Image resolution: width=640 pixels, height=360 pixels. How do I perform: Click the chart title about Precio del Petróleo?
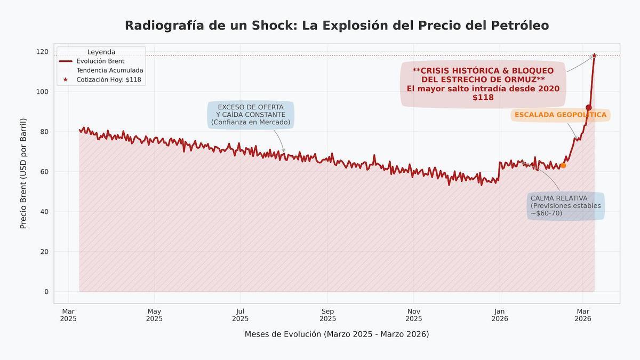click(x=337, y=25)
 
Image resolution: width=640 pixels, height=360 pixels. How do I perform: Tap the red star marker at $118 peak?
click(x=594, y=55)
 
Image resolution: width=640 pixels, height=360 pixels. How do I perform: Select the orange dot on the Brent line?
click(x=563, y=166)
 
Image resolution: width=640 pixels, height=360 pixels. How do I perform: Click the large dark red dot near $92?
click(x=588, y=108)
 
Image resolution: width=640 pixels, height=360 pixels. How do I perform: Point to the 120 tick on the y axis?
click(x=43, y=52)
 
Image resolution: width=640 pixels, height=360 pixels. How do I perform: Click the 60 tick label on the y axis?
click(x=43, y=172)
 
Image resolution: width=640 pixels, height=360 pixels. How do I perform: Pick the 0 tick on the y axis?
click(x=46, y=292)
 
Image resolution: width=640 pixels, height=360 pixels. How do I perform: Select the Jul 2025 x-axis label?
click(x=240, y=315)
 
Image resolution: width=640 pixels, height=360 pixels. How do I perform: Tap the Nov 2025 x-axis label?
click(x=413, y=315)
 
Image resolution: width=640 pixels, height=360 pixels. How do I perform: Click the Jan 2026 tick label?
click(x=499, y=315)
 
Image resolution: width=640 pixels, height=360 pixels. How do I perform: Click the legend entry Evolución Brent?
click(x=100, y=61)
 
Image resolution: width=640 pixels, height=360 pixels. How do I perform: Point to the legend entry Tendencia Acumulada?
click(x=109, y=70)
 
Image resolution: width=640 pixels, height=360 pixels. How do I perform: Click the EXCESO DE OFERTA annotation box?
click(x=251, y=115)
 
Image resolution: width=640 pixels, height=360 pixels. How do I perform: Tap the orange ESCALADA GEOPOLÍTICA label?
click(x=560, y=115)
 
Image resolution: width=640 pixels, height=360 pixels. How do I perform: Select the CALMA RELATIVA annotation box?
click(x=565, y=206)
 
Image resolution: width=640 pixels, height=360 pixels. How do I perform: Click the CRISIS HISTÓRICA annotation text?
click(x=483, y=84)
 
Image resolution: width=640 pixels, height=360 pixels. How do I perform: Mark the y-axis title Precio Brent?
click(x=23, y=173)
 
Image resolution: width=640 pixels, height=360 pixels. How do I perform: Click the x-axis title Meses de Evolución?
click(x=337, y=334)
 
